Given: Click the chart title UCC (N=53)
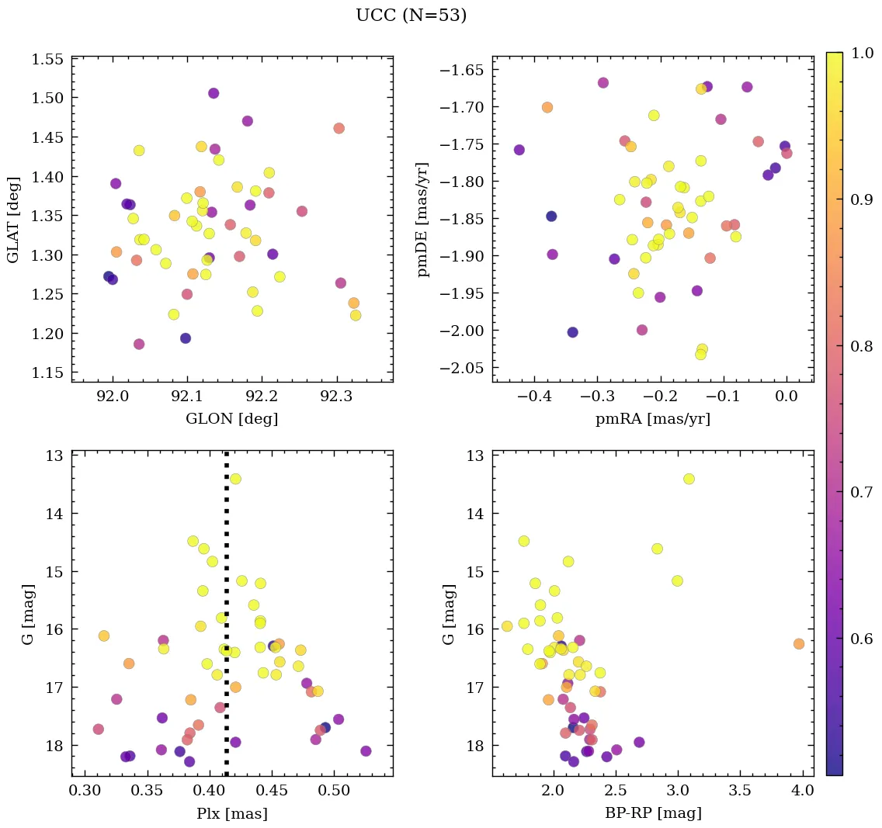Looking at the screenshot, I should pyautogui.click(x=411, y=16).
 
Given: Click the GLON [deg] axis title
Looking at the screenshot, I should pyautogui.click(x=231, y=419).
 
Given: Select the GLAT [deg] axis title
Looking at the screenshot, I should pyautogui.click(x=13, y=220).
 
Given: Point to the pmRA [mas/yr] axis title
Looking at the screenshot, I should pyautogui.click(x=653, y=419).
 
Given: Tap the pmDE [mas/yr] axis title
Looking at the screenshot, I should pyautogui.click(x=422, y=220).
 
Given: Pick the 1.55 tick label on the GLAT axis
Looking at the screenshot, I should pyautogui.click(x=49, y=60).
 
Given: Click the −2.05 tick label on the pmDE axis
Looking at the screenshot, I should pyautogui.click(x=464, y=368).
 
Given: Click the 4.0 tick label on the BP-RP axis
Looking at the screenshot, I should pyautogui.click(x=803, y=792).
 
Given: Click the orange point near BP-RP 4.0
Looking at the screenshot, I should pyautogui.click(x=799, y=644).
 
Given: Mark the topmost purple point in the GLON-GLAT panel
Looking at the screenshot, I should pyautogui.click(x=214, y=93).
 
